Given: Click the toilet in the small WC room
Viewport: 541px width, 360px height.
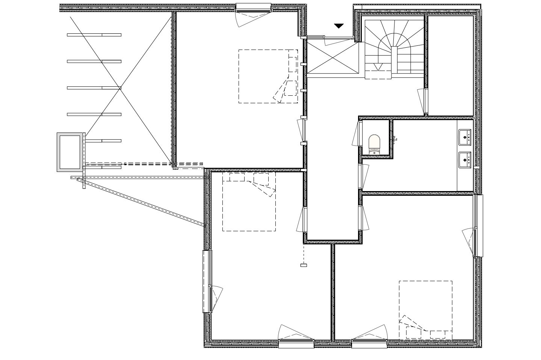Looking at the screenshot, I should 375,145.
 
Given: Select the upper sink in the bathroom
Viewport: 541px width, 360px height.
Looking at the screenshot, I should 465,137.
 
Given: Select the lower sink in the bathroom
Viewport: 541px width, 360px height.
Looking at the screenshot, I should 465,160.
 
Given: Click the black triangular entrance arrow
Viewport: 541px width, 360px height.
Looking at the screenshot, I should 339,26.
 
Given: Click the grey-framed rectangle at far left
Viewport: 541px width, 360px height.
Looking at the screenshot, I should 70,152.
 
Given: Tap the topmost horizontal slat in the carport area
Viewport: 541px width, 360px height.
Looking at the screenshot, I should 94,35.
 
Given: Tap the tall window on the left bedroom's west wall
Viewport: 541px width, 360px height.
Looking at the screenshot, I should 207,282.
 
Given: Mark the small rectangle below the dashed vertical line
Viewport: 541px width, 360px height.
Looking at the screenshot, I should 304,265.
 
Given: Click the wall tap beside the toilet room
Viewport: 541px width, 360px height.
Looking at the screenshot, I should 395,139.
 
